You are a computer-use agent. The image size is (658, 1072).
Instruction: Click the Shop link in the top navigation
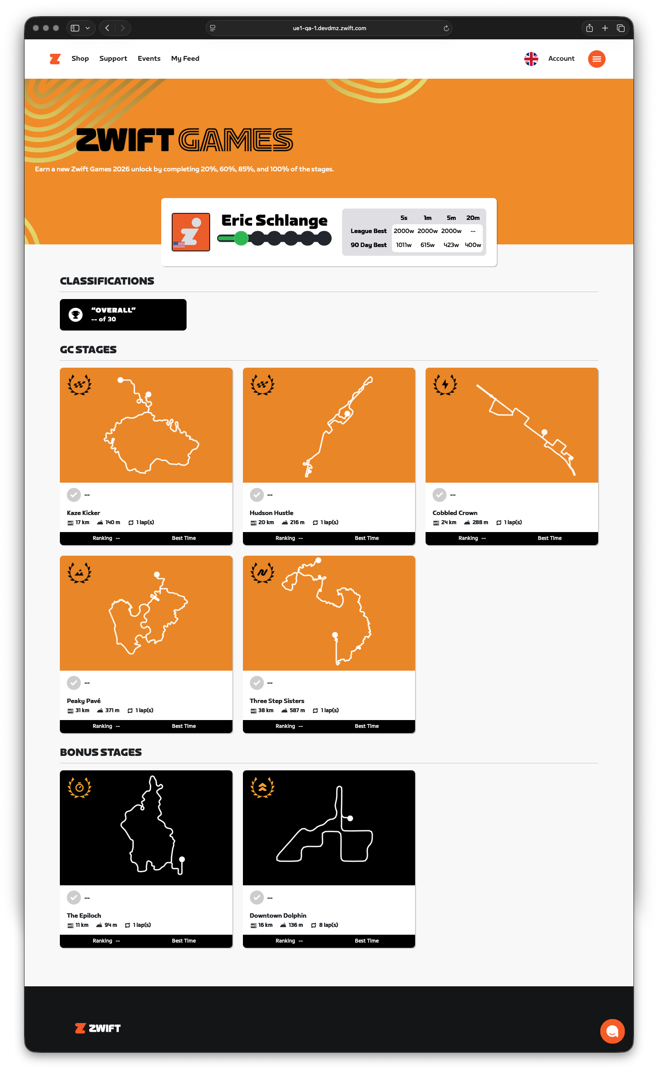(80, 59)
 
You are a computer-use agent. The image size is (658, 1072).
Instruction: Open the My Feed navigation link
(185, 59)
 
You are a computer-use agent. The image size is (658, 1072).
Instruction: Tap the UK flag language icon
(531, 59)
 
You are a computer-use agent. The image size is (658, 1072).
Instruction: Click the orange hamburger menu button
(597, 59)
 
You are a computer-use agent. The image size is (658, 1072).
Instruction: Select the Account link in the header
(561, 59)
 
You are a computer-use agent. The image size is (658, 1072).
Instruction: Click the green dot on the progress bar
(241, 238)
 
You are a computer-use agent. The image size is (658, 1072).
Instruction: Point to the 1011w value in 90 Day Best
(404, 245)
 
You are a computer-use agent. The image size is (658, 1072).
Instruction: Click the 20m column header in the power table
(473, 218)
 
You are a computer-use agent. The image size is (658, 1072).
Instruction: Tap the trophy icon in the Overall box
(76, 315)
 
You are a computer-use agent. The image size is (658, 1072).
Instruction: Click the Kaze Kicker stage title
(83, 513)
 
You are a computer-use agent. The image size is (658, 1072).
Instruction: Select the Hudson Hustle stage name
(271, 513)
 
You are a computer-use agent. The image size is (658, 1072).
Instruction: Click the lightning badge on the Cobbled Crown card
(445, 385)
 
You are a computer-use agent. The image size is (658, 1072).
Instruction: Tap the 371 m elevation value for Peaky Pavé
(112, 710)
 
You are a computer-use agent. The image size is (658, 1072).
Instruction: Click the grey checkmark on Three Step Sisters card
(257, 682)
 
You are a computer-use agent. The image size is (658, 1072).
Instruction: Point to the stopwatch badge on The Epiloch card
(80, 787)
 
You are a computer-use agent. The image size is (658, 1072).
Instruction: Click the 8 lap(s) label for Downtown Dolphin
(329, 925)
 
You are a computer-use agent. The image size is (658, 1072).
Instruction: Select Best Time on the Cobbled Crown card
(550, 538)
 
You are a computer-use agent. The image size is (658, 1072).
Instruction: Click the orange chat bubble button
(613, 1031)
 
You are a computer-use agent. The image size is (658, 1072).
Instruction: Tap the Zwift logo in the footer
(98, 1028)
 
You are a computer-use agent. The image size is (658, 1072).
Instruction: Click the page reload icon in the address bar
(446, 28)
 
